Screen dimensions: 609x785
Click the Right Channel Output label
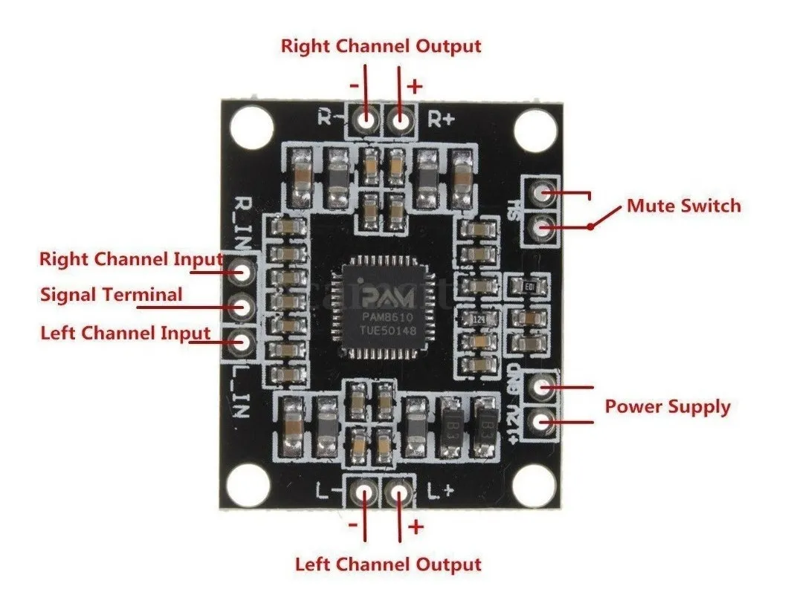click(x=381, y=46)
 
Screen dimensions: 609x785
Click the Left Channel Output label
click(x=388, y=564)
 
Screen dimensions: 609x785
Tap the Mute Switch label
click(x=684, y=206)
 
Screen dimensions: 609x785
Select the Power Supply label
click(x=667, y=407)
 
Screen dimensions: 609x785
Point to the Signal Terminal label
click(x=111, y=295)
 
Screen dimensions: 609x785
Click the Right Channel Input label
click(x=131, y=259)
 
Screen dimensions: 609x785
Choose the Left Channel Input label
click(x=125, y=332)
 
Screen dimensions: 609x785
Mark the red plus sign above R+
click(x=415, y=85)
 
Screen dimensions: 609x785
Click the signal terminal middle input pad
click(x=242, y=304)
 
